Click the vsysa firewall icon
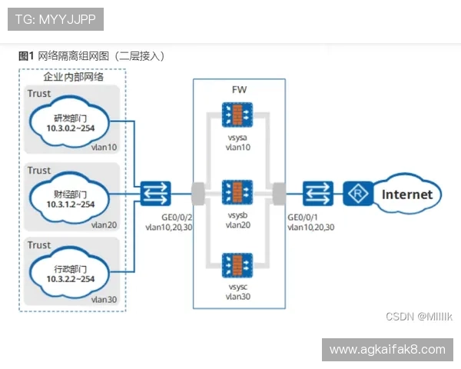coord(237,115)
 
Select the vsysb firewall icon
coord(237,192)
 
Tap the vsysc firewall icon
coord(237,265)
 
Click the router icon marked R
coord(358,193)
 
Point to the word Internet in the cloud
coord(407,194)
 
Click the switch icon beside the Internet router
coord(318,193)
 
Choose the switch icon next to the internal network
coord(155,193)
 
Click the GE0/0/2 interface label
coord(177,218)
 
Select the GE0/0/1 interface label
coord(303,218)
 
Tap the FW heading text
coord(239,90)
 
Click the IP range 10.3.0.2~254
coord(71,128)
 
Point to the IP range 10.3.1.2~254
coord(71,204)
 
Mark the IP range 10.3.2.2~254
coord(71,279)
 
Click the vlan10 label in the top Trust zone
coord(104,147)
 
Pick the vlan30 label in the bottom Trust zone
coord(104,300)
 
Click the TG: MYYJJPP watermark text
coord(55,19)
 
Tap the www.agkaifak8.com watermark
coord(387,350)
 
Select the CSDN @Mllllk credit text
coord(419,317)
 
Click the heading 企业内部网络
coord(74,77)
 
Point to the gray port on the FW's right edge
coord(279,194)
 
